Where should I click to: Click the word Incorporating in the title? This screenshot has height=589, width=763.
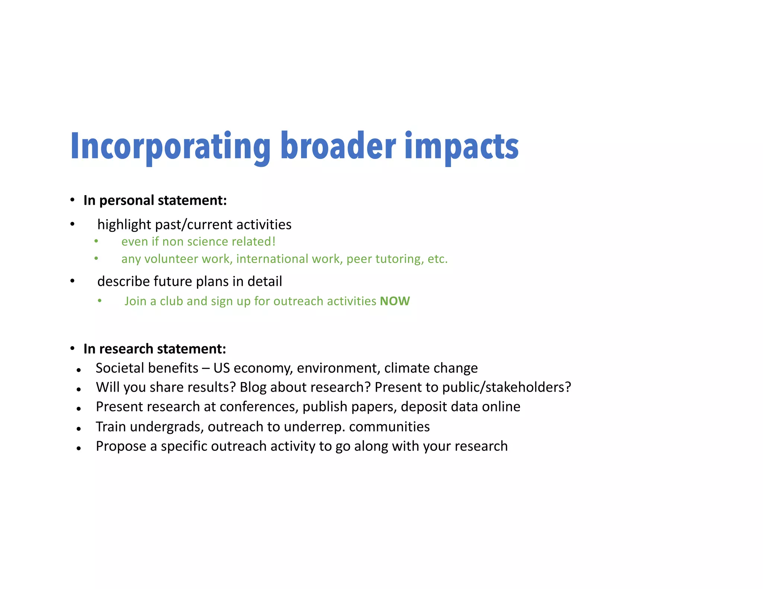coord(170,147)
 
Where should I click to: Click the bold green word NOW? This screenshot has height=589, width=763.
coord(395,301)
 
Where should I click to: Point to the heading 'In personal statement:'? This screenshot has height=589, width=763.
coord(155,200)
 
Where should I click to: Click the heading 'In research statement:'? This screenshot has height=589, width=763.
coord(155,349)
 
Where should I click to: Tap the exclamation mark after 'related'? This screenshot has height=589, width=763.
coord(274,241)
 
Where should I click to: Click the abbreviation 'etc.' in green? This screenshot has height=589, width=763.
coord(437,259)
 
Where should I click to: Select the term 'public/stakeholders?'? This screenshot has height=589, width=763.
coord(506,388)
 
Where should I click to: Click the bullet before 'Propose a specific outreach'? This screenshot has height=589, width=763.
coord(79,448)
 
